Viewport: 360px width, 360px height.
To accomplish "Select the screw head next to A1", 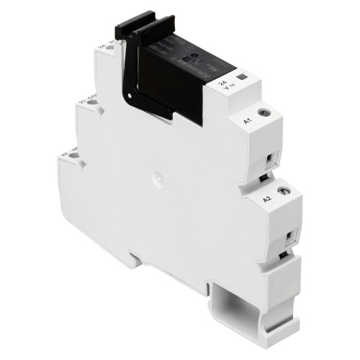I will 266,113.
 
